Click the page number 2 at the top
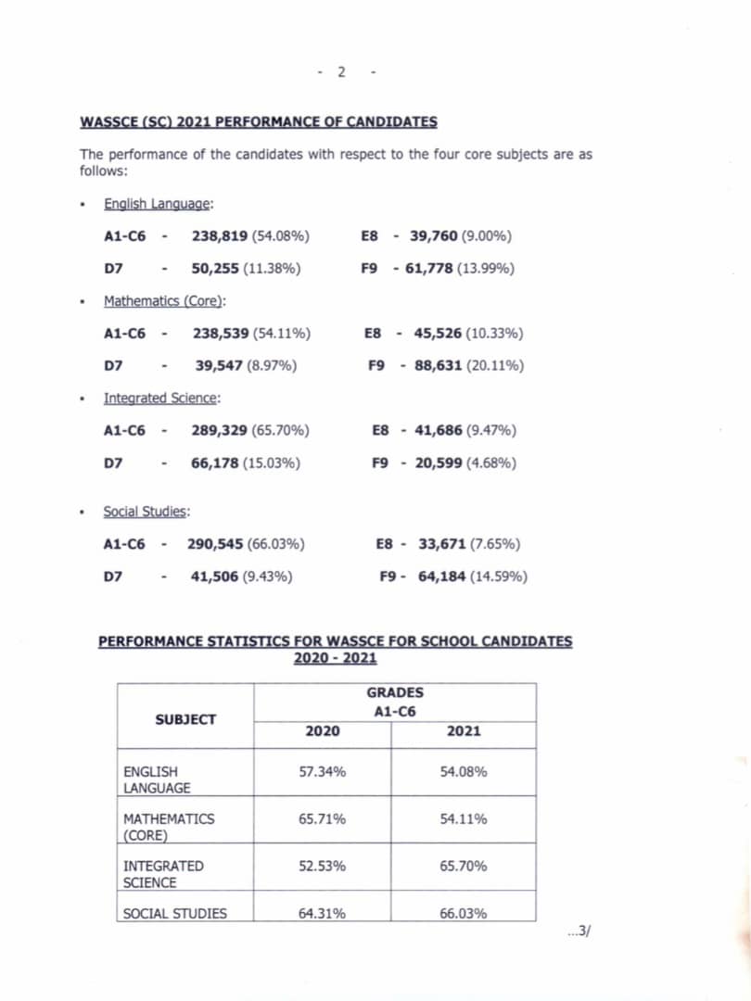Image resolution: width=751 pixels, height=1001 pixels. point(341,72)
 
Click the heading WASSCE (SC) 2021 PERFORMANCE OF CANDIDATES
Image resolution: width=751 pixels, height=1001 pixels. point(259,122)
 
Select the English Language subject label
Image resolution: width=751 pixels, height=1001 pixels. point(159,204)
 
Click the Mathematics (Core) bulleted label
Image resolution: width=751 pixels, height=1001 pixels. point(165,301)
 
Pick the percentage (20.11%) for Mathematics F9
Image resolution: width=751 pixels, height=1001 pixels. point(494,365)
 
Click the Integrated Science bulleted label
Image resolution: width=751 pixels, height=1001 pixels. point(161,399)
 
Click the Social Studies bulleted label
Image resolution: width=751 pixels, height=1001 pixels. point(146,512)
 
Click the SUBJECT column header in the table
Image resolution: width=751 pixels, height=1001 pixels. point(185,719)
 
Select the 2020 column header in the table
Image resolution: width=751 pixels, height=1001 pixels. point(322,731)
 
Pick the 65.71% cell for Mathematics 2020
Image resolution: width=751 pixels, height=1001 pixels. point(322,819)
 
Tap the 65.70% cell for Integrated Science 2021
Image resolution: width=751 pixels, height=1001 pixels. point(464,867)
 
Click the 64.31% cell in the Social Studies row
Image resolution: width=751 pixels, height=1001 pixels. point(322,914)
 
